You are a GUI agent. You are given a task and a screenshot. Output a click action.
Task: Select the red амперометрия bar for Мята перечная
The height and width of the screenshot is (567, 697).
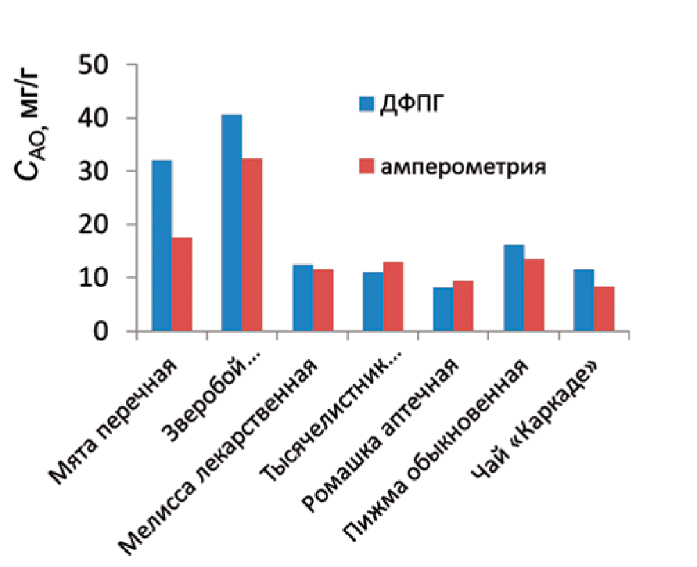click(182, 284)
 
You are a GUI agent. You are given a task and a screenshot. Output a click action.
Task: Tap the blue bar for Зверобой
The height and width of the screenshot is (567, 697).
click(232, 222)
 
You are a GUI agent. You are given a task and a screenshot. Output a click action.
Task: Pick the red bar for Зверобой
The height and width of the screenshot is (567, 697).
click(252, 245)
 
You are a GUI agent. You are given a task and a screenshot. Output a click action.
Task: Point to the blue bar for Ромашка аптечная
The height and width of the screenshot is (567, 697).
click(443, 309)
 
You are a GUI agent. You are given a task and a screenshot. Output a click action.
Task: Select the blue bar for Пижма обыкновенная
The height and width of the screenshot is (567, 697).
click(514, 288)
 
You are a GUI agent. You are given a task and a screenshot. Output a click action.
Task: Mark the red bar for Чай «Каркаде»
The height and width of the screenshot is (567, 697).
click(604, 309)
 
